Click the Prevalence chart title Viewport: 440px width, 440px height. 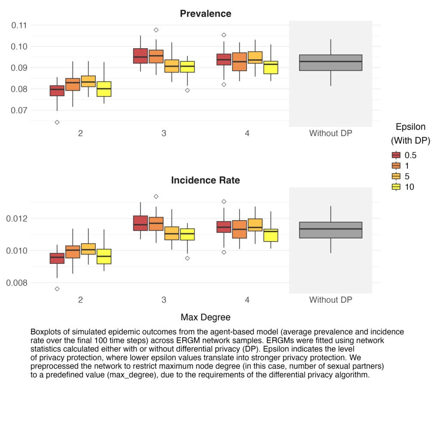point(205,13)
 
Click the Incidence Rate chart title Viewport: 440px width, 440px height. point(205,180)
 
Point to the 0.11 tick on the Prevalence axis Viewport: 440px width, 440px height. point(19,25)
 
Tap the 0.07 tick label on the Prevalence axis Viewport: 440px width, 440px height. point(19,110)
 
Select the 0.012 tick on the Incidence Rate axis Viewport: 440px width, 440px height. point(17,218)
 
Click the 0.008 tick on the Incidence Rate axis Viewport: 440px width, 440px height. point(17,283)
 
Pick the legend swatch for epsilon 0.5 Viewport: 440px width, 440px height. point(396,155)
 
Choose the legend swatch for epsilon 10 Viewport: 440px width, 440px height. point(396,186)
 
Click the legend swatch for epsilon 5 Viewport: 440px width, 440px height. point(396,176)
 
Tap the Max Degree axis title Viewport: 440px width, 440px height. point(205,317)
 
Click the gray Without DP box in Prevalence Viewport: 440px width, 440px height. point(330,63)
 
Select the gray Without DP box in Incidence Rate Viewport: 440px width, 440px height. point(330,230)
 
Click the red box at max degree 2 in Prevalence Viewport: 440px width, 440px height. point(57,91)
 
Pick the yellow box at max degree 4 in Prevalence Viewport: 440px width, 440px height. point(271,67)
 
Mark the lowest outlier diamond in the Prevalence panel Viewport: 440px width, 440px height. point(57,122)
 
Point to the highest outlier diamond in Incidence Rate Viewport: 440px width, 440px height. point(156,196)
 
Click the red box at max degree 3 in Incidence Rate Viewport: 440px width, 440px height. point(141,223)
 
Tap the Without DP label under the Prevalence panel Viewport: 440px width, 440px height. point(330,133)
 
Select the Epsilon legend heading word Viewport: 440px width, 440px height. point(410,127)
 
